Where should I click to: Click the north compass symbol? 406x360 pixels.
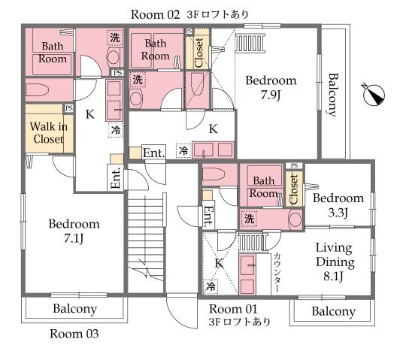374,95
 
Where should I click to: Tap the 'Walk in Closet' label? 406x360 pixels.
49,133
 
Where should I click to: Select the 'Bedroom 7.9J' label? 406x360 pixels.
271,88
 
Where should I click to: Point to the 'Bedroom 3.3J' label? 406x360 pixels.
338,205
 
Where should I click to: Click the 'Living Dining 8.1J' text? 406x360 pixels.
335,262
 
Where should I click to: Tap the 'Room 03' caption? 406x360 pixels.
74,334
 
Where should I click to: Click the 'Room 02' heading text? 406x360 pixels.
155,14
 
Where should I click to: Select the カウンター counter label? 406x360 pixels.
277,273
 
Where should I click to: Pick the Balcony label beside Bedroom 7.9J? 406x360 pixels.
333,95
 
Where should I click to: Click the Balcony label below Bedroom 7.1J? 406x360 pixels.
75,309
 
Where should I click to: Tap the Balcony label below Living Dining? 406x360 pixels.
334,311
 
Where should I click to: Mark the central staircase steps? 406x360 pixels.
146,237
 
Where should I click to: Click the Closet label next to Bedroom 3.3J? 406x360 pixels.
294,189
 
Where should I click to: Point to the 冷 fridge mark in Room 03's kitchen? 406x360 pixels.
116,130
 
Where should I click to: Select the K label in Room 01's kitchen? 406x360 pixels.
219,263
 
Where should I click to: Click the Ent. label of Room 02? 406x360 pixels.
154,153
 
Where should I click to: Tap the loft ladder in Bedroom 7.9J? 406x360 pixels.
250,44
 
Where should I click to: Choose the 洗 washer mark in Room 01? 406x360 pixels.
249,219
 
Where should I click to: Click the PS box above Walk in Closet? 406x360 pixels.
68,108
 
